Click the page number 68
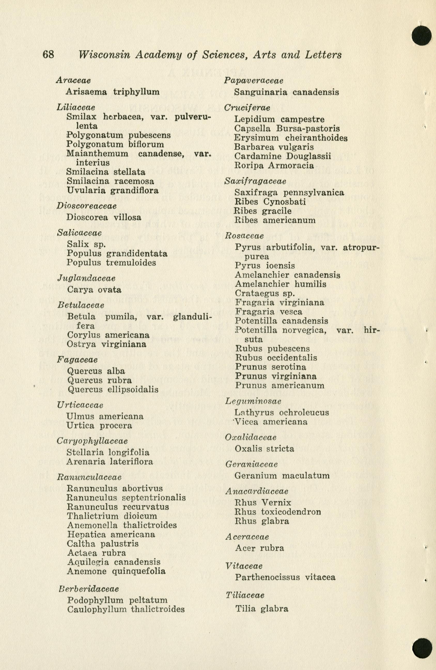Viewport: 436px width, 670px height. click(x=48, y=54)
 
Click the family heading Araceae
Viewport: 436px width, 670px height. click(x=73, y=80)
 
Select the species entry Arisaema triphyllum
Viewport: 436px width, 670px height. click(x=112, y=92)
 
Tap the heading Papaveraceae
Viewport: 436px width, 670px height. click(x=254, y=81)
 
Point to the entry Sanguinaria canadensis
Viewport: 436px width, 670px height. click(x=286, y=92)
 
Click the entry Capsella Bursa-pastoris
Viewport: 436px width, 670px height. click(x=287, y=129)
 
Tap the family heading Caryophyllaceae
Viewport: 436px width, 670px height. click(x=92, y=441)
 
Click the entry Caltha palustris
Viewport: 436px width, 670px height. click(x=103, y=544)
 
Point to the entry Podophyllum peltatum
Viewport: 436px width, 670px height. click(x=117, y=600)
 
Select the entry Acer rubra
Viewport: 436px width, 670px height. click(x=260, y=548)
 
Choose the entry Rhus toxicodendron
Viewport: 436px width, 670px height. click(x=278, y=512)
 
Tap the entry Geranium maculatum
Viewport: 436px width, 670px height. click(x=282, y=476)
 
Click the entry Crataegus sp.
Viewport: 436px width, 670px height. click(x=265, y=293)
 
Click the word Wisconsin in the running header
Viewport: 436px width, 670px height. click(x=104, y=55)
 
